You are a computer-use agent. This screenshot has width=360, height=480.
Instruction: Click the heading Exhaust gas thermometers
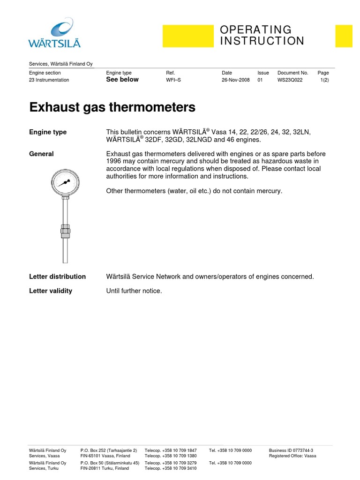[x=112, y=107]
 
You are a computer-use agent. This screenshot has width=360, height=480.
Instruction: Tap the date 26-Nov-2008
[x=235, y=80]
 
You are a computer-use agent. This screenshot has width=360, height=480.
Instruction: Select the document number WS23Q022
[x=290, y=80]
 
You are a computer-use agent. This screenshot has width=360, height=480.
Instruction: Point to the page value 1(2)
[x=324, y=80]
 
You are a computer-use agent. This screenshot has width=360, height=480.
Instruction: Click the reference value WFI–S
[x=173, y=80]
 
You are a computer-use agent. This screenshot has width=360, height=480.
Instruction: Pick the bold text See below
[x=122, y=80]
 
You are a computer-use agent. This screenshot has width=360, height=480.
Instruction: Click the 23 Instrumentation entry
[x=49, y=80]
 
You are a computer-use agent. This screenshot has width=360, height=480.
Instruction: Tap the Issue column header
[x=263, y=73]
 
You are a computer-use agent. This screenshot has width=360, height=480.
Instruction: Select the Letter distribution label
[x=57, y=277]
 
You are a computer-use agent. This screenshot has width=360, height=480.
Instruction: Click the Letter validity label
[x=51, y=291]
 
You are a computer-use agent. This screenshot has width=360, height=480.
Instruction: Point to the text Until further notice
[x=134, y=291]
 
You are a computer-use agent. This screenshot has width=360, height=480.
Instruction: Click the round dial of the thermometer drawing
[x=66, y=182]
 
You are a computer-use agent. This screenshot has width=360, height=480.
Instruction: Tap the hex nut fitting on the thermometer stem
[x=66, y=230]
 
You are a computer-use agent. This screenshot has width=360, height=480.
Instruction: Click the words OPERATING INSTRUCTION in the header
[x=262, y=36]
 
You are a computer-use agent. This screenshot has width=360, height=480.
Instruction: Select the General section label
[x=41, y=154]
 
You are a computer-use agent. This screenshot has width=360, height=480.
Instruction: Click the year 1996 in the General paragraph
[x=114, y=161]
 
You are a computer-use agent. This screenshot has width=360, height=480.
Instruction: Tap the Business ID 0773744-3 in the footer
[x=291, y=450]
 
